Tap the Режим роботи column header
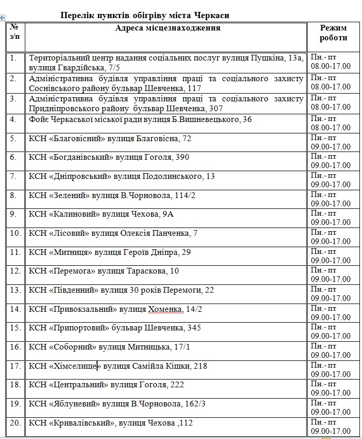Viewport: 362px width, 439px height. pos(333,33)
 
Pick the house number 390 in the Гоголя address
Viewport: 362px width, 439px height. pos(182,157)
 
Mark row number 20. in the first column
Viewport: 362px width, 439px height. pos(16,423)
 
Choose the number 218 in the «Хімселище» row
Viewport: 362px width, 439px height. pos(200,366)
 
